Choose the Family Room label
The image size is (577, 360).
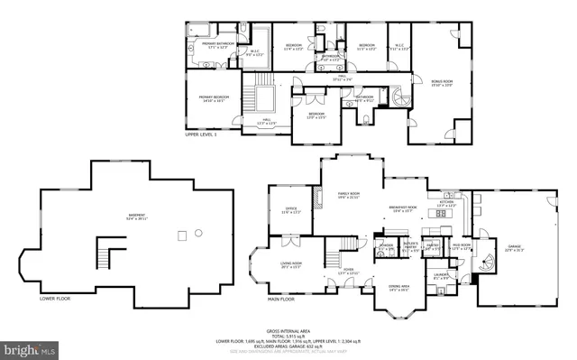click(348, 196)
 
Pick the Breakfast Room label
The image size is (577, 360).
click(402, 208)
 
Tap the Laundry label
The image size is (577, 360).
click(441, 274)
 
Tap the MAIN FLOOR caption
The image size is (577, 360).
click(281, 298)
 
